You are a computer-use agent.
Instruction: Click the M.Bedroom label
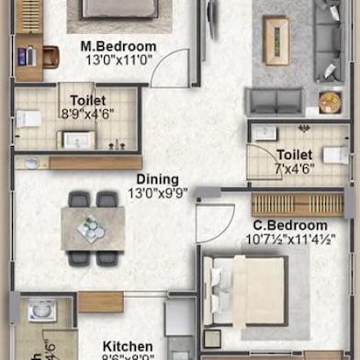click(118, 47)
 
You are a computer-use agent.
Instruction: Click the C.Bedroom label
click(290, 226)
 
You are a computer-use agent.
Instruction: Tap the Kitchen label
click(127, 346)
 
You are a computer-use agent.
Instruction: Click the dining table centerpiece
click(91, 226)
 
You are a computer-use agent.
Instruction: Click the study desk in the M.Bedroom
click(28, 55)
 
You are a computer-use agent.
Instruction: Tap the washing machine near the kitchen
click(42, 311)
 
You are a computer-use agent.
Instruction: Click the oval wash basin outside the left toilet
click(32, 163)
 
